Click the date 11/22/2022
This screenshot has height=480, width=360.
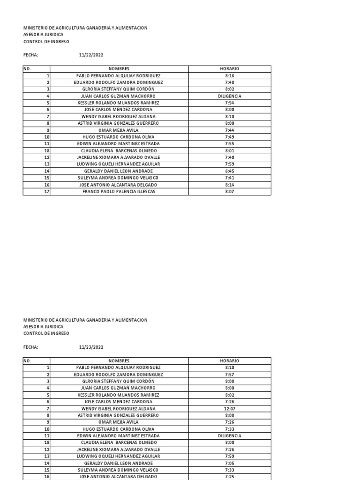[x=91, y=55]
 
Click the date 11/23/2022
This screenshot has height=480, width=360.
[x=91, y=347]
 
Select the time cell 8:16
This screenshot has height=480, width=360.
[x=229, y=75]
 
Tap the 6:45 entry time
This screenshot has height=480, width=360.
[x=229, y=171]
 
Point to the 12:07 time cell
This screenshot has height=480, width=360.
[x=229, y=409]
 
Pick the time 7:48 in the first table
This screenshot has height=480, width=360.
[x=229, y=82]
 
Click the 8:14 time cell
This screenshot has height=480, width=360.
[x=229, y=185]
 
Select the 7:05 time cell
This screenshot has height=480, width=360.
[x=229, y=463]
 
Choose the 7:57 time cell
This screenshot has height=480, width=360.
[x=229, y=375]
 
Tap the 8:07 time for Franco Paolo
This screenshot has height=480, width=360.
[x=229, y=192]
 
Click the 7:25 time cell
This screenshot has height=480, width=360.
[x=229, y=477]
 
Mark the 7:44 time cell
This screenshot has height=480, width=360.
[x=229, y=130]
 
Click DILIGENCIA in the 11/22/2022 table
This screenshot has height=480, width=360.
[x=229, y=96]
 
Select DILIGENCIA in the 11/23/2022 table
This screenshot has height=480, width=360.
[x=229, y=436]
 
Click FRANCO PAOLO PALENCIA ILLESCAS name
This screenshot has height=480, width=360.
[x=119, y=192]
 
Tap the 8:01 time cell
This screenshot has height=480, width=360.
[x=229, y=150]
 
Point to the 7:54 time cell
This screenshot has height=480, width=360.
[x=229, y=103]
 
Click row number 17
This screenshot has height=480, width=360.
[x=46, y=192]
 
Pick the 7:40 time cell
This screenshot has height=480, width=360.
[x=229, y=157]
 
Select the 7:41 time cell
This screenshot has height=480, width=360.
[x=229, y=178]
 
